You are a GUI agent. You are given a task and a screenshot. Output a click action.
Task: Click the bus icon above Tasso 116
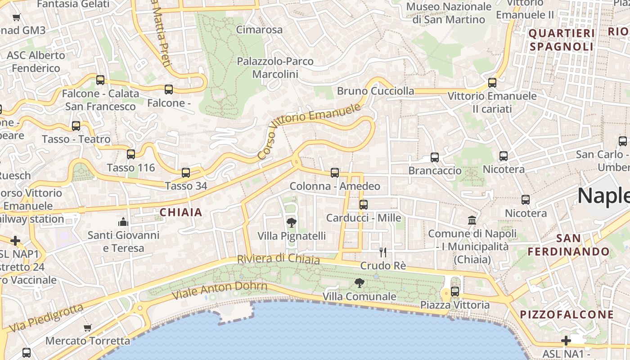pyautogui.click(x=131, y=154)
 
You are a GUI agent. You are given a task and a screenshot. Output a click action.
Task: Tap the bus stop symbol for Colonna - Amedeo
pyautogui.click(x=335, y=173)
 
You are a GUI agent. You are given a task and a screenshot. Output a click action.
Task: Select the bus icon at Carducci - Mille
pyautogui.click(x=364, y=205)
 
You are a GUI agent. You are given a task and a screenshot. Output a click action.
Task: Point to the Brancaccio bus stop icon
pyautogui.click(x=435, y=157)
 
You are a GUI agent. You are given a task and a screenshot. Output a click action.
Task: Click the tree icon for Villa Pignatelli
pyautogui.click(x=291, y=222)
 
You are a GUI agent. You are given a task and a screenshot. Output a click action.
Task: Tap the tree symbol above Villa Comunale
pyautogui.click(x=359, y=283)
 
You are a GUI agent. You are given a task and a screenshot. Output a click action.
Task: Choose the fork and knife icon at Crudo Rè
pyautogui.click(x=383, y=252)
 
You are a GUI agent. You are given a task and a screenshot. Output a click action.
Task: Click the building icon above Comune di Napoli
pyautogui.click(x=472, y=220)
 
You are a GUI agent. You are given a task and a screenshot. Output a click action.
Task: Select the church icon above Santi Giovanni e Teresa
pyautogui.click(x=123, y=221)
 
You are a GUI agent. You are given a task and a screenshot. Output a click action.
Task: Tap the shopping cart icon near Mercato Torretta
pyautogui.click(x=88, y=328)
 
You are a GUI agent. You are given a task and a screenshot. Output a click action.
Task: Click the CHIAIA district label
pyautogui.click(x=181, y=212)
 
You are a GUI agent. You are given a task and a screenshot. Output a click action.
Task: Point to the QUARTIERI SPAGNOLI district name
pyautogui.click(x=562, y=40)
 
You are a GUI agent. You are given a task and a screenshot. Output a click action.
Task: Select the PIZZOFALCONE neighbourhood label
pyautogui.click(x=567, y=315)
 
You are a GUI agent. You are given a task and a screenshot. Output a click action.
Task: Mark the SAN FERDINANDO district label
pyautogui.click(x=568, y=245)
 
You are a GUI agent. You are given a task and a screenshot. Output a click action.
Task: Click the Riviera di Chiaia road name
pyautogui.click(x=278, y=259)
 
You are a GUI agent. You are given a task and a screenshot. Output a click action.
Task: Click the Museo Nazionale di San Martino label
pyautogui.click(x=449, y=13)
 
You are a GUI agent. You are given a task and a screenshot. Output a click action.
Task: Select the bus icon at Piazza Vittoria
pyautogui.click(x=455, y=291)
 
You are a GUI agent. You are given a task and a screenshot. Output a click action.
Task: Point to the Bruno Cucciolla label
pyautogui.click(x=375, y=91)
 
